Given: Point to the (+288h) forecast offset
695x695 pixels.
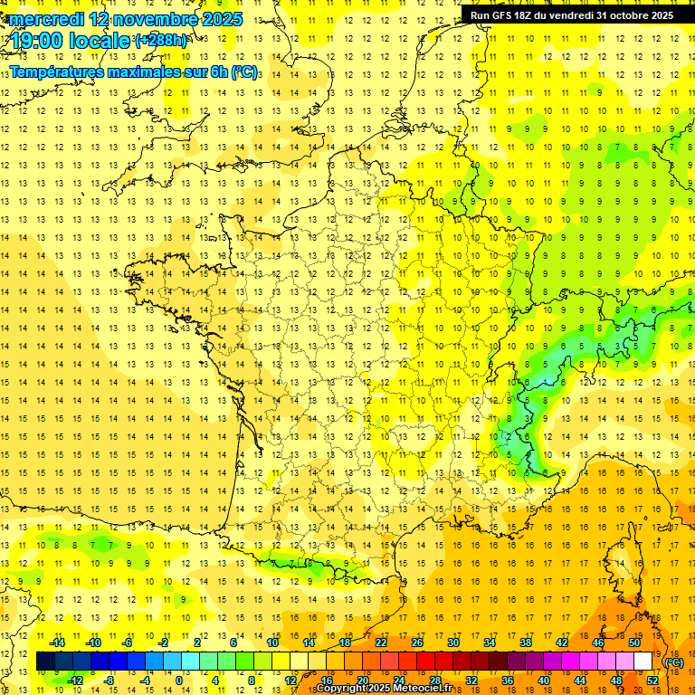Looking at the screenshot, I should tap(161, 42).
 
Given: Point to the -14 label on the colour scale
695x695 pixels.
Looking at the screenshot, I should tap(57, 643).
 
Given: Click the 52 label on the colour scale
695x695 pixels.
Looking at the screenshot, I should tap(652, 680).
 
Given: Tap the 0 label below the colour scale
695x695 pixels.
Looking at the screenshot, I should tap(179, 680).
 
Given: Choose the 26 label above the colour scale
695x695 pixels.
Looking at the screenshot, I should tap(417, 643).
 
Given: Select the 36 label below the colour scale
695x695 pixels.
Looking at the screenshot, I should tap(507, 680).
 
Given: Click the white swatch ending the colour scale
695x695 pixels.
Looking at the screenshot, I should tap(643, 662).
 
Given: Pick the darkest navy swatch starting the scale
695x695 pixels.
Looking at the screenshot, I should tap(45, 662).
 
